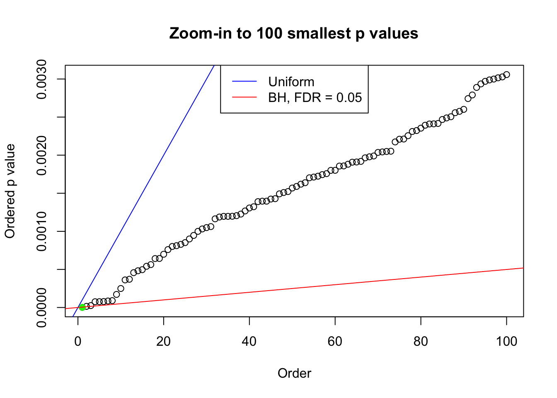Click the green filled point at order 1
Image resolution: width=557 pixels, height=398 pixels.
(82, 307)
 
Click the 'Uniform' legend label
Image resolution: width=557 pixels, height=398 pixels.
(291, 82)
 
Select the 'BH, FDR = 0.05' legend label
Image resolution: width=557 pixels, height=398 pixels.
(315, 97)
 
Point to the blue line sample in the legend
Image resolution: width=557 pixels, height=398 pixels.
(245, 82)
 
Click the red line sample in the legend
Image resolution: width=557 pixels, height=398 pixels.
(245, 97)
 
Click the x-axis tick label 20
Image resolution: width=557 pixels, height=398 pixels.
(164, 341)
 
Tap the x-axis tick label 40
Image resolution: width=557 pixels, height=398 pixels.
(249, 341)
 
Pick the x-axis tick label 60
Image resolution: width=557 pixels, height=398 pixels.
(335, 341)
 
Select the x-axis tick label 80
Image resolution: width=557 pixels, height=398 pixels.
(421, 341)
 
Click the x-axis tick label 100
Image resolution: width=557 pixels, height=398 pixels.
(506, 341)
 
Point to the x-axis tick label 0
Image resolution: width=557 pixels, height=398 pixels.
(78, 341)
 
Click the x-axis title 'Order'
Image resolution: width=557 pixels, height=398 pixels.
(294, 374)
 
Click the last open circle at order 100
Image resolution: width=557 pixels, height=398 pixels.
(506, 75)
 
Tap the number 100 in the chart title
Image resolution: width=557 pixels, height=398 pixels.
(269, 33)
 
